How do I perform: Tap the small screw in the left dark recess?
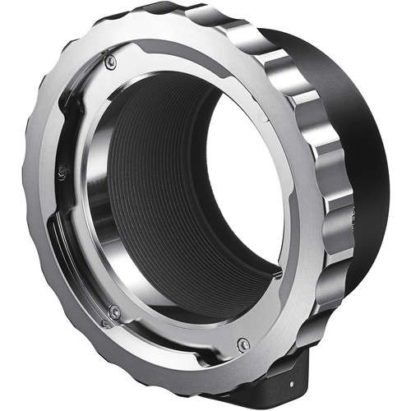(x=61, y=172)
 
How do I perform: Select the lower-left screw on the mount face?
(x=114, y=311)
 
